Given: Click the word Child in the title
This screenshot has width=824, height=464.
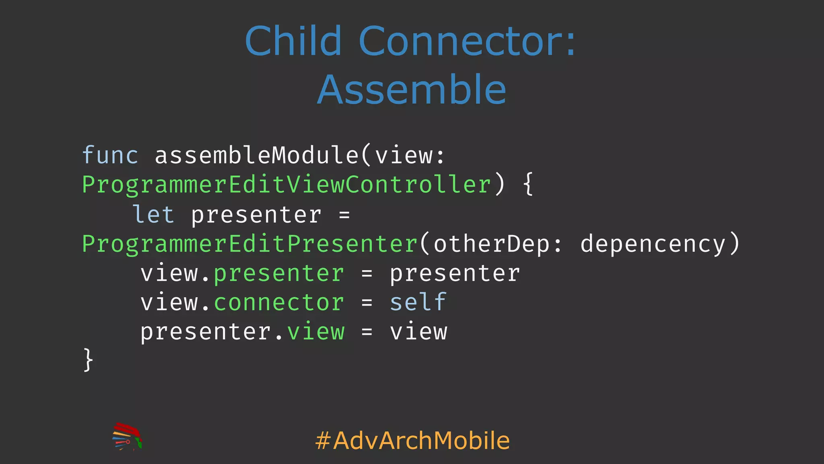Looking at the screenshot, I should (293, 41).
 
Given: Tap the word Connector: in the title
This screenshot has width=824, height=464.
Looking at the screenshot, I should (468, 41).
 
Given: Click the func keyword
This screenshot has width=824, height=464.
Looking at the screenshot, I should (110, 155).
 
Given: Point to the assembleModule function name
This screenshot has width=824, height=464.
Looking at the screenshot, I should (256, 155).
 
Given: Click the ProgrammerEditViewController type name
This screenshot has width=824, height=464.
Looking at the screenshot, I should (286, 185).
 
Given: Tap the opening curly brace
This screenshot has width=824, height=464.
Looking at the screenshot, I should (528, 185).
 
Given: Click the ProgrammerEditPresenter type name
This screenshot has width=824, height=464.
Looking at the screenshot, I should (250, 244).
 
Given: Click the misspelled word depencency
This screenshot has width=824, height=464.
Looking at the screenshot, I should (653, 244).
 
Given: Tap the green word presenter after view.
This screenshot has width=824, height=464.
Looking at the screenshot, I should (279, 273).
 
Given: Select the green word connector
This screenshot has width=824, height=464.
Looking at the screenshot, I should (279, 303).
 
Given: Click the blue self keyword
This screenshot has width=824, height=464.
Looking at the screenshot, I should (418, 303).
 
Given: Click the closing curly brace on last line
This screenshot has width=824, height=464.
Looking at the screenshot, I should (88, 360).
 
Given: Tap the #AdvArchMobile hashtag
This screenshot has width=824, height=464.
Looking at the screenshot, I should (412, 440).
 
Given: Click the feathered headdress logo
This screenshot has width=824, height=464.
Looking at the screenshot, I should (127, 437).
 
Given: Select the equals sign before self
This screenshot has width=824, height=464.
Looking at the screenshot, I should (367, 303).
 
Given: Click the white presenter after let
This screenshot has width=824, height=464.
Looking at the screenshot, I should (256, 215).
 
